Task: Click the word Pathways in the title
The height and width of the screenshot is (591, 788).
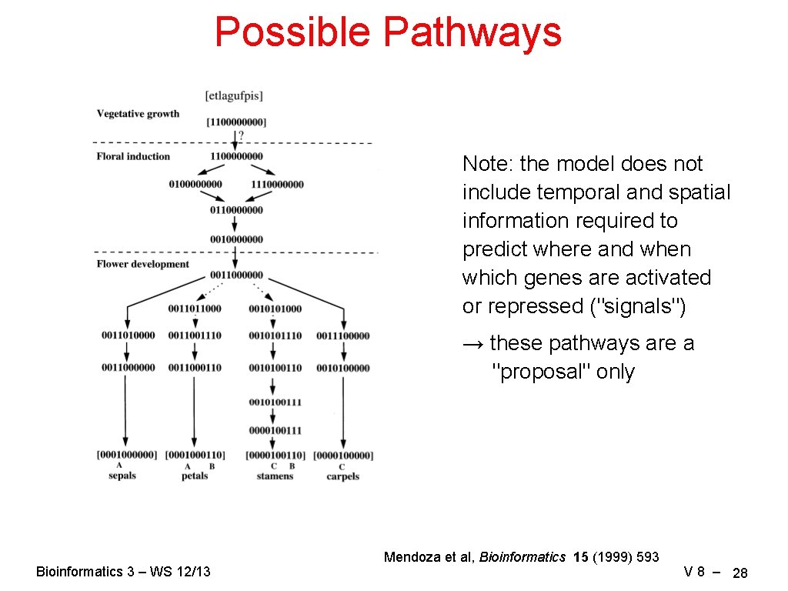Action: (x=472, y=32)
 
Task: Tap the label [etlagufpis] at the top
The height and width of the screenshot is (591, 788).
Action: (x=234, y=96)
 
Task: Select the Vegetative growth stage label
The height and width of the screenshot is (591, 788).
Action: (x=138, y=114)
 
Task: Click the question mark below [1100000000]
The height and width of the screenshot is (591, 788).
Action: (x=242, y=135)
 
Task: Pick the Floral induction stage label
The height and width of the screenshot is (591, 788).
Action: (x=133, y=156)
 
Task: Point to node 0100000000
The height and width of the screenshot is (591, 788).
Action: (x=195, y=184)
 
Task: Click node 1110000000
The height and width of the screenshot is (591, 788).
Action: (x=277, y=184)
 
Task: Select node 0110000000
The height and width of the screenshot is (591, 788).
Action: (x=236, y=209)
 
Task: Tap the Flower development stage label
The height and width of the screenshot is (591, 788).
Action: (x=142, y=264)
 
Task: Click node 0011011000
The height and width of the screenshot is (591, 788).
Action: (x=194, y=309)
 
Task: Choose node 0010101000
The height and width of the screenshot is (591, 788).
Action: (x=275, y=309)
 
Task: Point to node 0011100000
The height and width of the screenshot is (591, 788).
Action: (x=342, y=336)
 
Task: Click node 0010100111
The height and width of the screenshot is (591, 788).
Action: (x=275, y=402)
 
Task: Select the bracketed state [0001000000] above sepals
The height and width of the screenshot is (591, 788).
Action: (x=127, y=455)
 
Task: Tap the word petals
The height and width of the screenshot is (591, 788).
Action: (x=195, y=476)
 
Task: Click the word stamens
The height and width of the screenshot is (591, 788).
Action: (x=275, y=476)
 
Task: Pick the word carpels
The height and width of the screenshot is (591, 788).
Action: (x=342, y=476)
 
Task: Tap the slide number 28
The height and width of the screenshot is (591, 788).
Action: (x=740, y=573)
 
